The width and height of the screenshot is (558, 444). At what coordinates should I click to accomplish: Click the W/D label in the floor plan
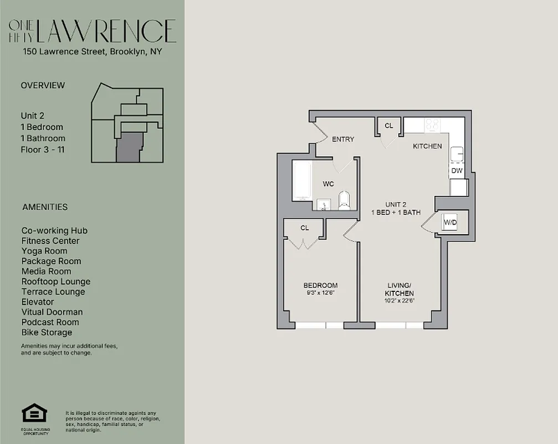click(450, 223)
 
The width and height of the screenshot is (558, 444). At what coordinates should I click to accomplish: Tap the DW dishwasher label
click(457, 171)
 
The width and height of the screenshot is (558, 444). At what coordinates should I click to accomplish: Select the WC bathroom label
click(328, 184)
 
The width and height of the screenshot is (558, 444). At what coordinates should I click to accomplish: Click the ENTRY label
click(342, 139)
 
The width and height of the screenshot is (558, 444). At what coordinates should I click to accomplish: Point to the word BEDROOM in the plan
click(320, 285)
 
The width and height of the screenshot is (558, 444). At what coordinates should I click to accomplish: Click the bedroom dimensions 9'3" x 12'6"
click(320, 293)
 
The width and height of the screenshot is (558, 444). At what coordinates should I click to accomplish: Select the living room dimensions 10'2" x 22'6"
click(400, 300)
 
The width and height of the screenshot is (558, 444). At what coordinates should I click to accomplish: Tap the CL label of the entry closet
click(389, 126)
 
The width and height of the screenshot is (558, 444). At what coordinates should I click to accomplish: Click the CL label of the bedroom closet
click(305, 228)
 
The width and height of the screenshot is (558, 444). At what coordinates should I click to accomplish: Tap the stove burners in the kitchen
click(432, 124)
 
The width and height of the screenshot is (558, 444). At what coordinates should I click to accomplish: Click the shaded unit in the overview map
click(129, 146)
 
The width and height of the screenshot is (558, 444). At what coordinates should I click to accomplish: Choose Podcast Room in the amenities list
click(50, 322)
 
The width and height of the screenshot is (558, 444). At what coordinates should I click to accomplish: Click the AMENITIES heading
click(45, 207)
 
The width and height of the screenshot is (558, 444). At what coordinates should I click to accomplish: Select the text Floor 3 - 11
click(43, 149)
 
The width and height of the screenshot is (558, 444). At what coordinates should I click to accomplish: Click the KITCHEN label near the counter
click(427, 147)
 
